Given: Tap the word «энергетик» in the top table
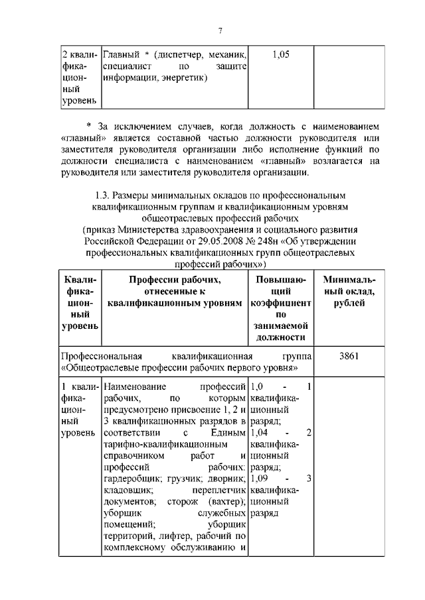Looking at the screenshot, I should (183, 78).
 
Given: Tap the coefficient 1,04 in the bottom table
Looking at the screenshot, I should (262, 432).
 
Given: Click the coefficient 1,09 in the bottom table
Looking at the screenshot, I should (262, 478).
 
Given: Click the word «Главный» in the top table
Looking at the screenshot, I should (122, 54).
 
